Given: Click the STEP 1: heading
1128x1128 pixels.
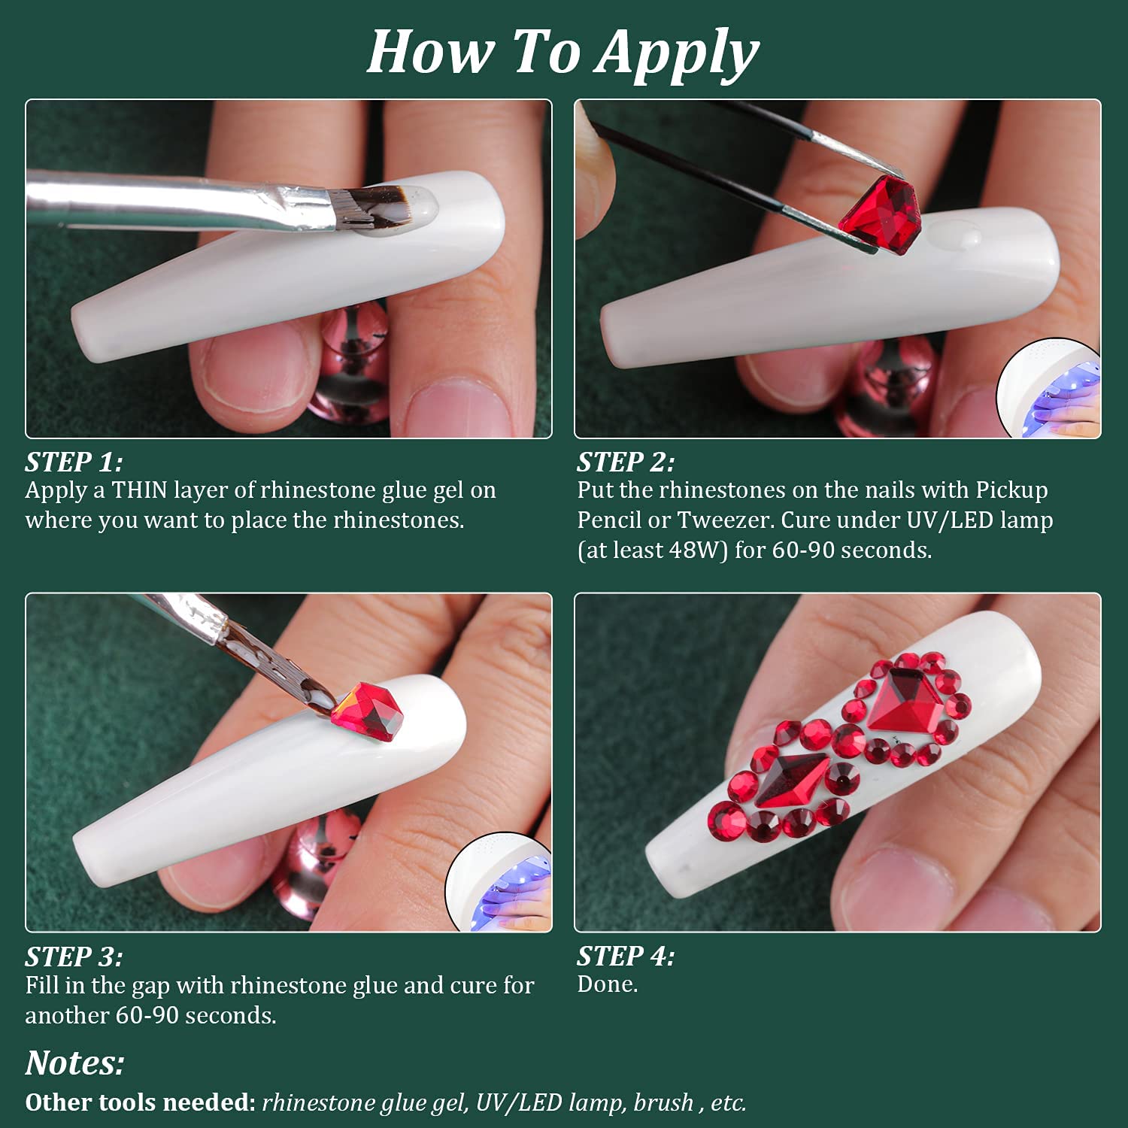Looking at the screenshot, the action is pyautogui.click(x=74, y=461).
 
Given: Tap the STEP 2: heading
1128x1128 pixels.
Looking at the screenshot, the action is pyautogui.click(x=626, y=461).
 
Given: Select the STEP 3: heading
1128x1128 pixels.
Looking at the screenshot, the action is pyautogui.click(x=74, y=956).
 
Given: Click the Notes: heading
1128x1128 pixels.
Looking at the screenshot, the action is pyautogui.click(x=75, y=1063).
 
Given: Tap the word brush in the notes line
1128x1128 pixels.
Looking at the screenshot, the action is pyautogui.click(x=663, y=1102).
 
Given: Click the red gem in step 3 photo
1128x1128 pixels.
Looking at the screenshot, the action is pyautogui.click(x=364, y=711).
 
